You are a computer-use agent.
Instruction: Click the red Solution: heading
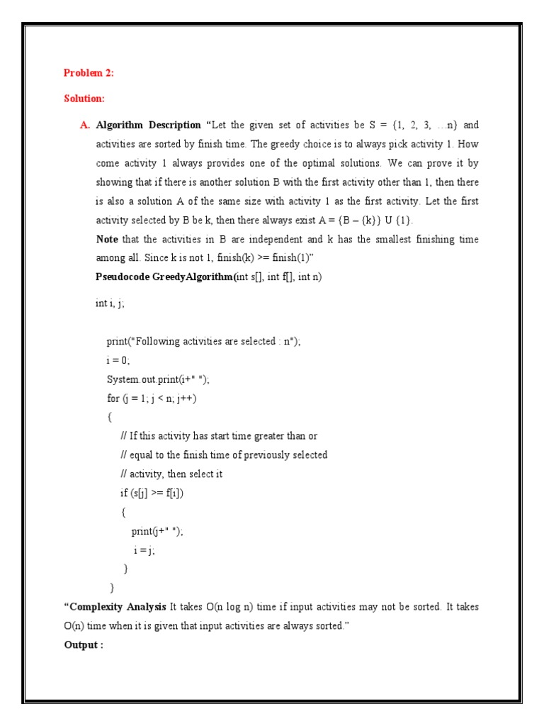[84, 99]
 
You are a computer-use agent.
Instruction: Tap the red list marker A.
[85, 125]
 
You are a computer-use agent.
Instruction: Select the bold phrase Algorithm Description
[148, 125]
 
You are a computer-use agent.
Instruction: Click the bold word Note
[107, 240]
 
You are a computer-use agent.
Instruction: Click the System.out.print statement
[158, 379]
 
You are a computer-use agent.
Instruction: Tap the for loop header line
[152, 398]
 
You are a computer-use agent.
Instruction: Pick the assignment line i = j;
[143, 549]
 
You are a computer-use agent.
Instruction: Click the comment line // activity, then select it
[171, 474]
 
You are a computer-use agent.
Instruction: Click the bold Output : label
[84, 645]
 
